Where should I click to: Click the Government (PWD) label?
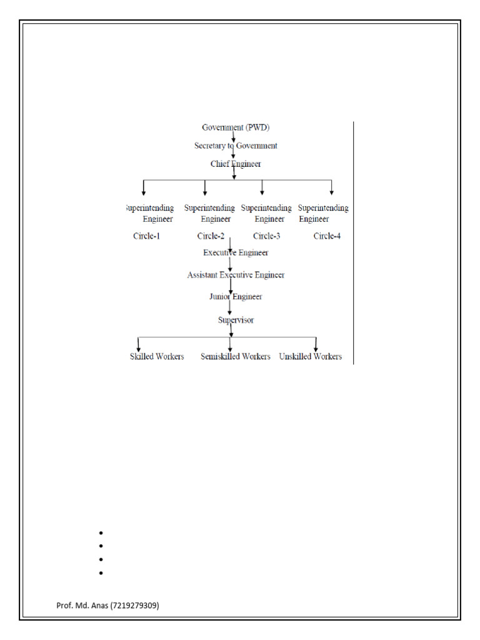(236, 127)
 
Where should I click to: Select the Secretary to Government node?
(236, 146)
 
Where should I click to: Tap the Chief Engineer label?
(236, 164)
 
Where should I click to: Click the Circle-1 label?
(147, 236)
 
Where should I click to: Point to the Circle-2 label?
(211, 236)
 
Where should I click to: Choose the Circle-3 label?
(267, 236)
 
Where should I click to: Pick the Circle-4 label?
(327, 236)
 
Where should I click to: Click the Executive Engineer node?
(236, 252)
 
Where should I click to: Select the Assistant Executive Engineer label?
(236, 274)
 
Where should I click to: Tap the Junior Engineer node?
(236, 296)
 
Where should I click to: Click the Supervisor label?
(236, 320)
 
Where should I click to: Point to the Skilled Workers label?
(157, 356)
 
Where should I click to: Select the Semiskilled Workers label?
(236, 356)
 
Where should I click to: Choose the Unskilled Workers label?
(311, 356)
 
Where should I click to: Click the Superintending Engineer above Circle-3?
(266, 213)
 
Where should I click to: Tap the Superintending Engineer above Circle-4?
(323, 213)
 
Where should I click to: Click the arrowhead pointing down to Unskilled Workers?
(316, 347)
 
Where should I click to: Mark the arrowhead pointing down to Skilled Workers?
(138, 347)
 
